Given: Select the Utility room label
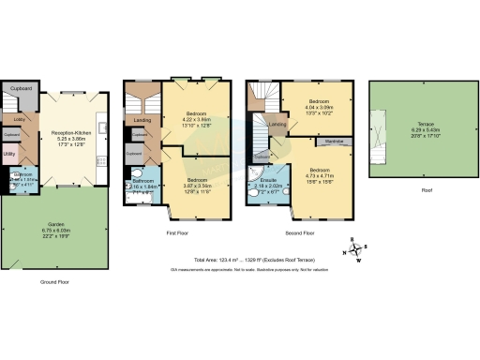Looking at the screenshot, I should (x=9, y=153).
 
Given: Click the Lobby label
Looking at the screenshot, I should (x=19, y=120).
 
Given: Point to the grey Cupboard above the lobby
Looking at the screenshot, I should (x=21, y=89).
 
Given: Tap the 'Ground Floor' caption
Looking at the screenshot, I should (x=54, y=281).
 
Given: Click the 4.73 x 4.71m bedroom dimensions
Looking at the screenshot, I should (x=320, y=174).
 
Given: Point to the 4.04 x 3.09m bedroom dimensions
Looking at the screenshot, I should (x=320, y=107).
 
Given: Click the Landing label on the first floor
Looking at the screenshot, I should (x=142, y=120).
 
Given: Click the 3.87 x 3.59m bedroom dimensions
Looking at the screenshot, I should (x=197, y=186).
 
